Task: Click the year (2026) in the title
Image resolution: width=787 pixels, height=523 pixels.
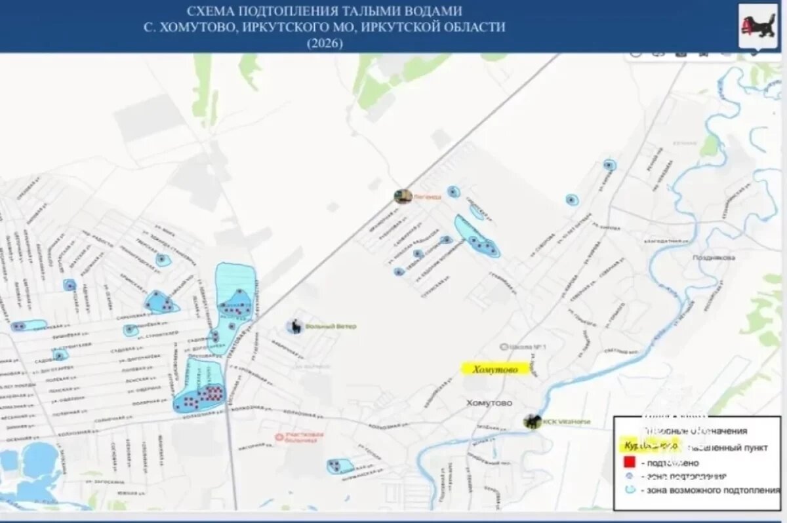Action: coord(325,43)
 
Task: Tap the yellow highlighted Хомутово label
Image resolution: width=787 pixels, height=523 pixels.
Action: coord(495,369)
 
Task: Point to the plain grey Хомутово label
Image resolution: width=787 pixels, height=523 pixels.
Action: coord(489,402)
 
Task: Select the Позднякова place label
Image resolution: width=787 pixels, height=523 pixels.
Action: coord(714,258)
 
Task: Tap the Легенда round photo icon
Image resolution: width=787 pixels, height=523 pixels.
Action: coord(402,196)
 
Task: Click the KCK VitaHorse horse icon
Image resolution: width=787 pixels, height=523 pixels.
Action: coord(531,421)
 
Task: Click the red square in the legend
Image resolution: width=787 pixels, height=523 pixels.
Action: coord(628,463)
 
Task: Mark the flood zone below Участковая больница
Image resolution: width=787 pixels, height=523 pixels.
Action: coord(340,466)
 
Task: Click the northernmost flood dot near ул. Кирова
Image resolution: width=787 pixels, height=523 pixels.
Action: coord(609,165)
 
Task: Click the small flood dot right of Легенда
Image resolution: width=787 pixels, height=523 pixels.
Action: coord(453,192)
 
